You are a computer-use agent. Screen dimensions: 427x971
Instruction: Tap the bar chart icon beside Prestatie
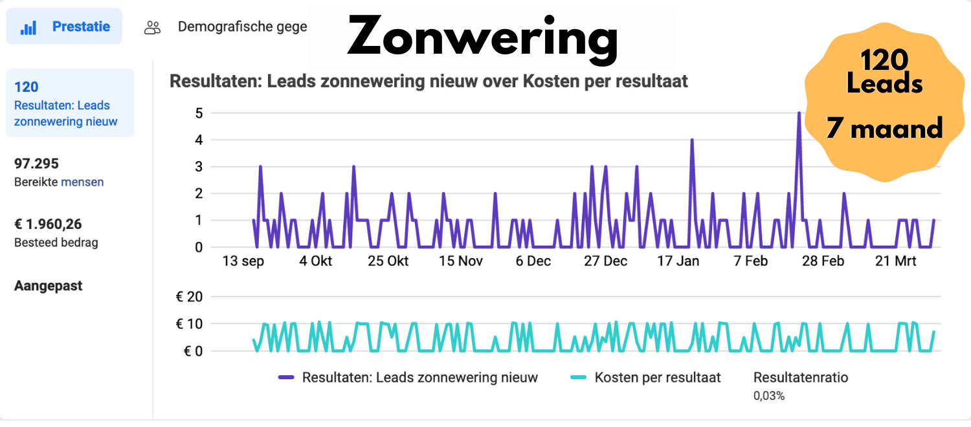pyautogui.click(x=28, y=28)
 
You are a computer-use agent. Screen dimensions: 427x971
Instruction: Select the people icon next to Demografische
pyautogui.click(x=152, y=27)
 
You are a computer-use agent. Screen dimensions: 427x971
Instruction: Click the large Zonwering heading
pyautogui.click(x=482, y=38)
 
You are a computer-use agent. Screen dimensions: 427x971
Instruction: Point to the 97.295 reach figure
pyautogui.click(x=36, y=164)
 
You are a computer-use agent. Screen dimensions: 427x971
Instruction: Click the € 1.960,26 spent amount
pyautogui.click(x=48, y=224)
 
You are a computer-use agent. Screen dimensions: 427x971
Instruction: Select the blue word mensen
pyautogui.click(x=82, y=182)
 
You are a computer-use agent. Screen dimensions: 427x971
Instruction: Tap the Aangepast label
pyautogui.click(x=48, y=286)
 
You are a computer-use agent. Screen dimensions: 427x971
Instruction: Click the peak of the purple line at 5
pyautogui.click(x=799, y=113)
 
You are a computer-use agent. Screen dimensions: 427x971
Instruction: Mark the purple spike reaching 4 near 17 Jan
pyautogui.click(x=692, y=140)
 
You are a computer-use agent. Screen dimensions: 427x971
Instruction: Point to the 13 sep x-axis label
pyautogui.click(x=243, y=261)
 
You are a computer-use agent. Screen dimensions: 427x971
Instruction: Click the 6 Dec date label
pyautogui.click(x=533, y=261)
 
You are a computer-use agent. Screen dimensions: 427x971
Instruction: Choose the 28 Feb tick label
pyautogui.click(x=823, y=261)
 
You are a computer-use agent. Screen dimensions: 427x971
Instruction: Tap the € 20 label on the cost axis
pyautogui.click(x=189, y=297)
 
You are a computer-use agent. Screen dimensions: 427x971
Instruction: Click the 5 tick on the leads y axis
pyautogui.click(x=198, y=113)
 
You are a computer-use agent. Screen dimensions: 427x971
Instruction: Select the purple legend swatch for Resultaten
pyautogui.click(x=286, y=377)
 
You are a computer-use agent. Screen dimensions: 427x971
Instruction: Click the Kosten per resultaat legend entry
pyautogui.click(x=657, y=377)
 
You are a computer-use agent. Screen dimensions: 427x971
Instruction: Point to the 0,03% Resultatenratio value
pyautogui.click(x=768, y=395)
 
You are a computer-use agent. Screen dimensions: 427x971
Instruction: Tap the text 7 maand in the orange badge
pyautogui.click(x=884, y=129)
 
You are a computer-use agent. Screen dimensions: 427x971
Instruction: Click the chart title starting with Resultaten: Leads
pyautogui.click(x=429, y=82)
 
